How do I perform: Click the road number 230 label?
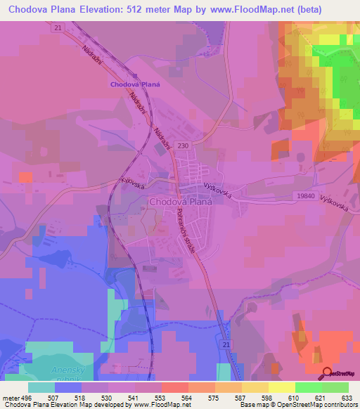[184, 145]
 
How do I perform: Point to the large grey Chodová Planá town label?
[181, 201]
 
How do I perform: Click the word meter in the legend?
[8, 398]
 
